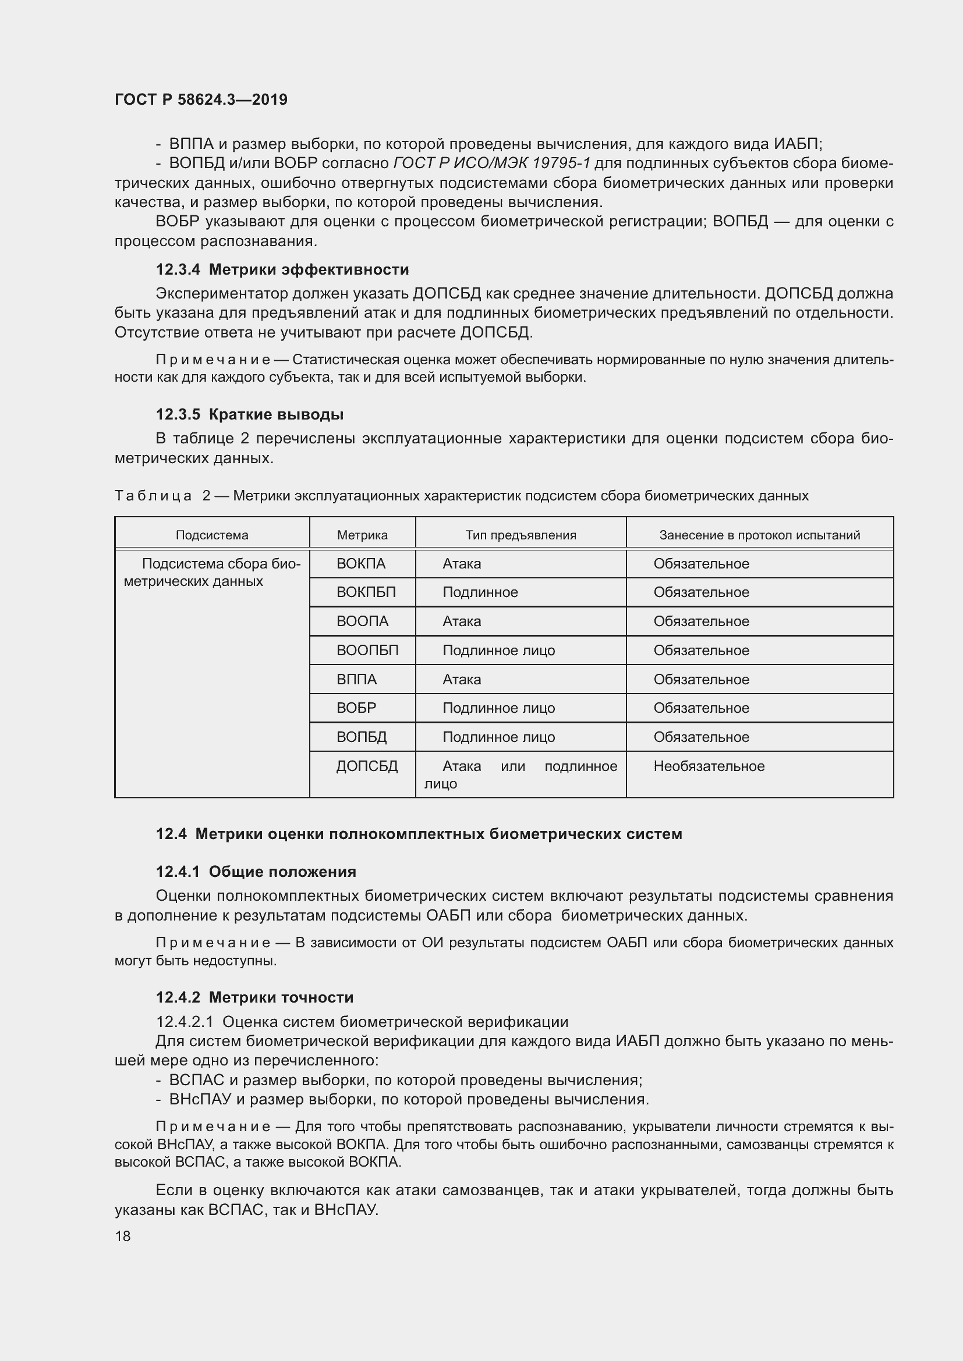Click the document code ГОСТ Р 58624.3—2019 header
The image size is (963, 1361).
tap(201, 100)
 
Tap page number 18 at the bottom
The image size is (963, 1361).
tap(123, 1236)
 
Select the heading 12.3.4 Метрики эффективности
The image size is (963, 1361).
tap(282, 270)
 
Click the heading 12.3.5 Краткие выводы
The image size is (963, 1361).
tap(250, 414)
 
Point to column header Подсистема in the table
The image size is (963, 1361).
tap(212, 535)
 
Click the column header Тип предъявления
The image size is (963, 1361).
tap(521, 535)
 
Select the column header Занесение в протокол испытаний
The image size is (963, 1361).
tap(760, 535)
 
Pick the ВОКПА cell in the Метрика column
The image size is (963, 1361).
tap(360, 564)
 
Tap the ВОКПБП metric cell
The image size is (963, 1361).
tap(366, 593)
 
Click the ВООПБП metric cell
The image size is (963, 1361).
tap(367, 651)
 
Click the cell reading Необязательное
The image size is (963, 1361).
tap(709, 766)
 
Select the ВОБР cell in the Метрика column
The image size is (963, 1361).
tap(356, 708)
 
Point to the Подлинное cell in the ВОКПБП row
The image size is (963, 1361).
tap(480, 593)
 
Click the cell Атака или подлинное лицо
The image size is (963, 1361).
tap(521, 774)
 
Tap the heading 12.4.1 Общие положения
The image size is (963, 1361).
tap(256, 872)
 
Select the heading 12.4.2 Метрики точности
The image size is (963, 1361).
tap(255, 998)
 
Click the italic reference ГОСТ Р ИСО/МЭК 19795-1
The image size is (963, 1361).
tap(491, 164)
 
